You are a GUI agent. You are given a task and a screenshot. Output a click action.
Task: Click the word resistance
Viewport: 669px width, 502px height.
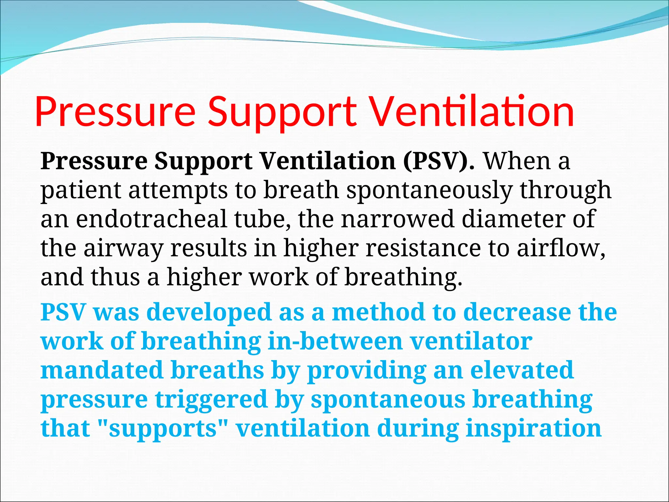point(423,248)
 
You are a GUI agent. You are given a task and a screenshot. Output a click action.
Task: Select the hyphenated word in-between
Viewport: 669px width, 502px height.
point(335,341)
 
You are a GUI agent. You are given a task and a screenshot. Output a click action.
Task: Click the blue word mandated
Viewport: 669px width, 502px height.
point(102,370)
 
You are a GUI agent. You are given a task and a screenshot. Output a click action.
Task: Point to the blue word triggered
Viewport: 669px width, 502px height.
point(211,399)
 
